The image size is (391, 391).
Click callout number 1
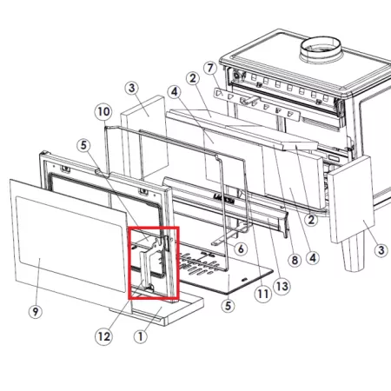click(x=141, y=336)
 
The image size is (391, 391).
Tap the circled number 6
click(x=241, y=249)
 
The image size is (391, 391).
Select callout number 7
click(x=210, y=68)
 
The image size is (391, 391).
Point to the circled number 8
click(x=295, y=260)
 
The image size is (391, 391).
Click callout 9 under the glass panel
click(x=36, y=312)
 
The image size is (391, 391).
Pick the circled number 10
click(x=103, y=112)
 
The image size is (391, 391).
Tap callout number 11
click(x=263, y=295)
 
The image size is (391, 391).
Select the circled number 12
click(x=103, y=336)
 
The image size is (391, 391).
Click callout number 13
click(x=282, y=287)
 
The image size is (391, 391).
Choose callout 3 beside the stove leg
click(x=381, y=250)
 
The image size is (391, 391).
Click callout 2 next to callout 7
click(x=193, y=78)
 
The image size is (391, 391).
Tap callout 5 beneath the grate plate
click(x=228, y=306)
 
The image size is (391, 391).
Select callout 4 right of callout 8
click(x=313, y=257)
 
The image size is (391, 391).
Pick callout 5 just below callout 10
click(x=83, y=145)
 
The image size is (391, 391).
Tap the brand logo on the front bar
click(x=224, y=197)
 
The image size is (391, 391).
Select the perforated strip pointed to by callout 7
click(x=256, y=104)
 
